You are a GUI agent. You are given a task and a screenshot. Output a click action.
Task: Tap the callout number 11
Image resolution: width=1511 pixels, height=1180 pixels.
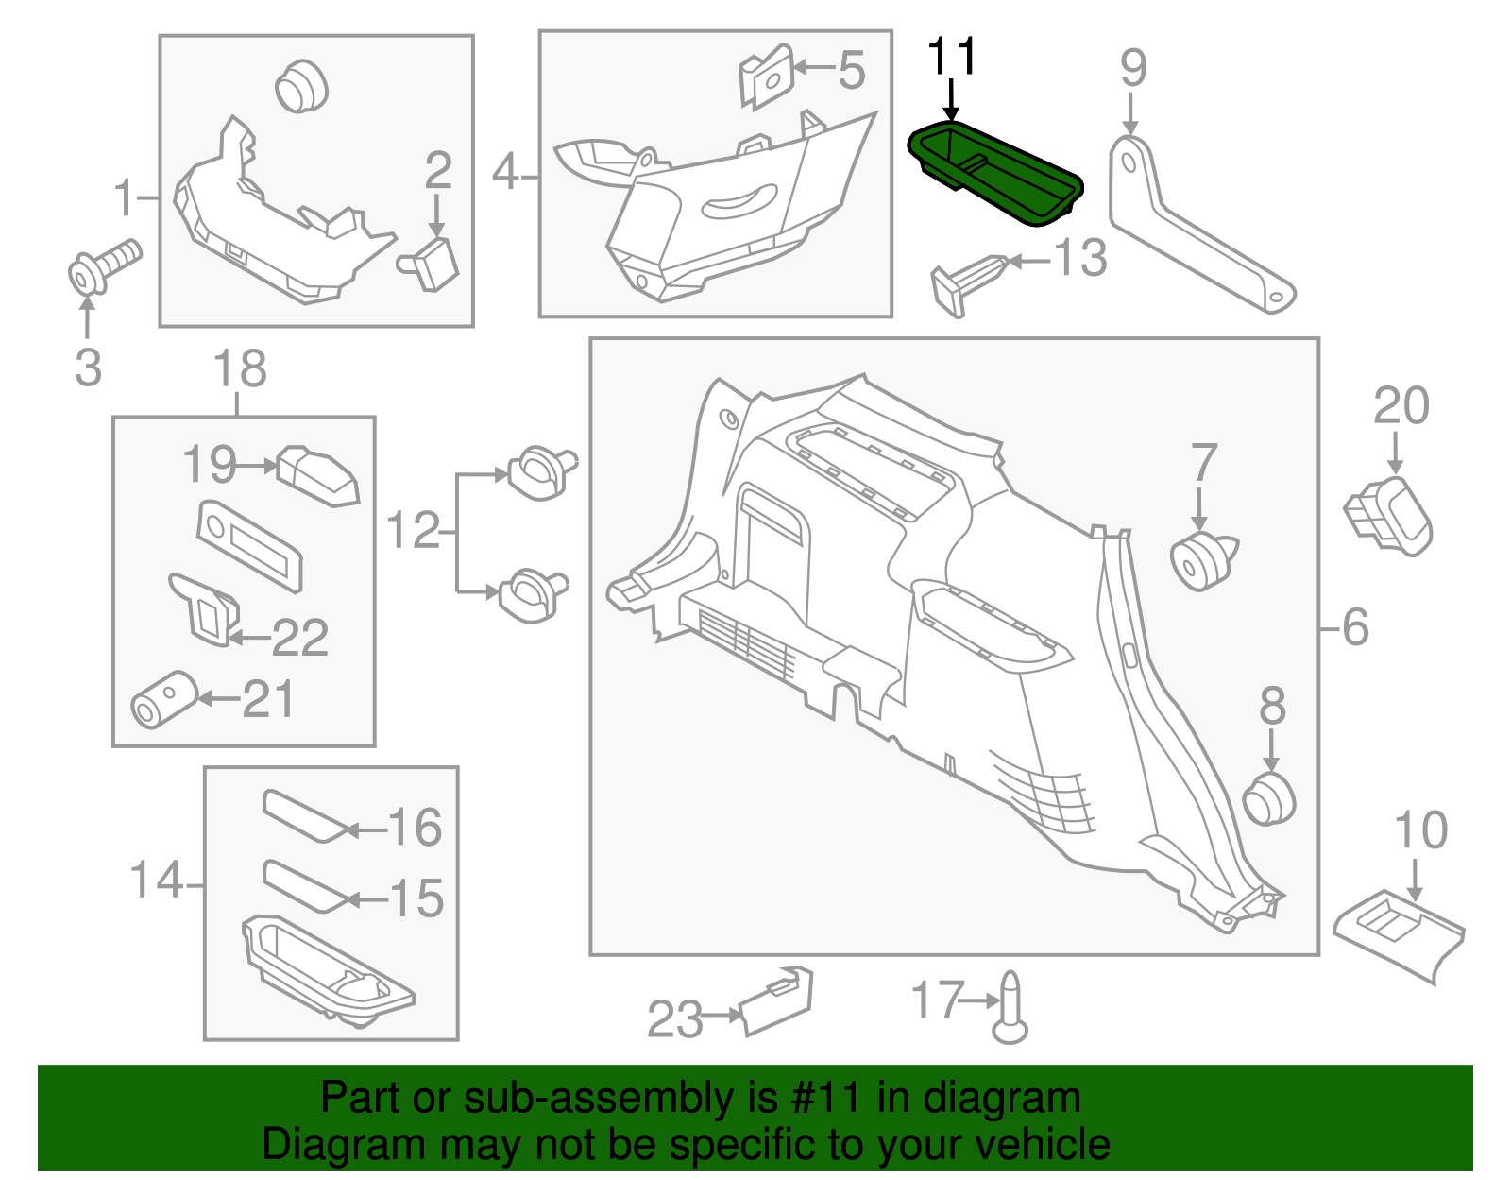tap(952, 58)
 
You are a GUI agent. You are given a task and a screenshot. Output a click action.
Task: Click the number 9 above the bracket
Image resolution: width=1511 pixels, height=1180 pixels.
tap(1133, 68)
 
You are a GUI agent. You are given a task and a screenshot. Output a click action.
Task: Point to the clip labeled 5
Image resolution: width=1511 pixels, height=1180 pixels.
tap(767, 76)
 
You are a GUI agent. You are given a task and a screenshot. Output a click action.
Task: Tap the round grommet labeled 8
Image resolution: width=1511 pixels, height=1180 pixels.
tap(1269, 798)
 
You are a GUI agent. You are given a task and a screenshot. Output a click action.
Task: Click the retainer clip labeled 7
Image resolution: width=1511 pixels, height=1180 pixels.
tap(1201, 560)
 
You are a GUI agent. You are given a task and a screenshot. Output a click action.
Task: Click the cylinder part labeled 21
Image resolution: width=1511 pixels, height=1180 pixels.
tap(162, 700)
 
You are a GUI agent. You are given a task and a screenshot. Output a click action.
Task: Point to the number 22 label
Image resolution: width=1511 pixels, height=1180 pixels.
tap(299, 638)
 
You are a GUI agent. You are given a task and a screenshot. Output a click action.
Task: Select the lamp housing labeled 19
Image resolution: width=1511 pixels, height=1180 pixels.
tap(318, 475)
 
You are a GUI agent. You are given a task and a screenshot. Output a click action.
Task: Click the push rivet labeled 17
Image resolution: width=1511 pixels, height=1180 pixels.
tap(1010, 1007)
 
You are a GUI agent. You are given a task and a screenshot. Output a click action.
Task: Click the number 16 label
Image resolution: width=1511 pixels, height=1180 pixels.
tap(415, 828)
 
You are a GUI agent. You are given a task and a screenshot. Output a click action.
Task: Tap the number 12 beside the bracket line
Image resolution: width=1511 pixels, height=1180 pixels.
tap(414, 531)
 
